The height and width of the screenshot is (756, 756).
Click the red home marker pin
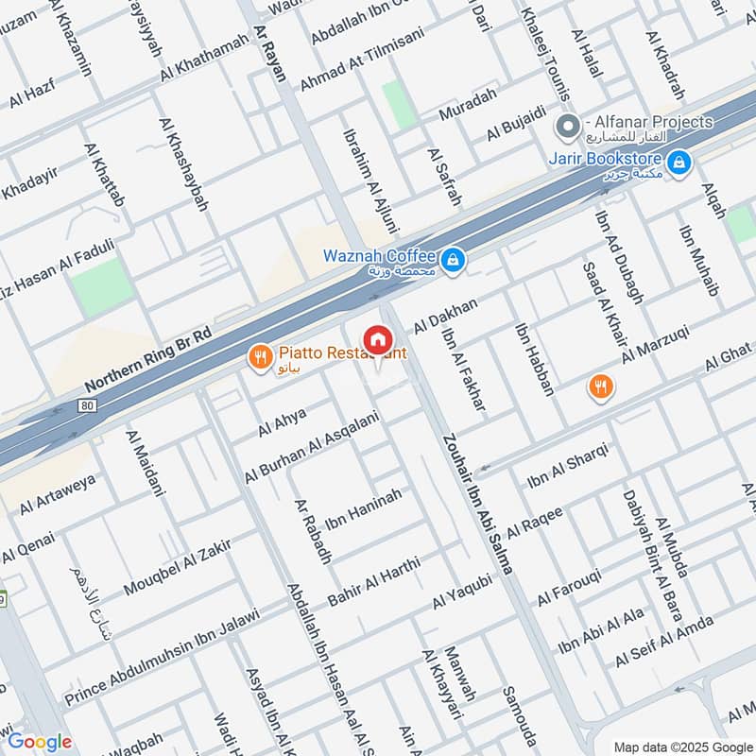click(377, 339)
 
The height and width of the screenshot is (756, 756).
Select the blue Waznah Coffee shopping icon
click(454, 258)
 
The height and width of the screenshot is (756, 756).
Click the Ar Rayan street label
click(270, 54)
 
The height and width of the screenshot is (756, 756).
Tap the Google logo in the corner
click(40, 742)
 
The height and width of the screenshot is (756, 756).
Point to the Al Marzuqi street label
click(656, 345)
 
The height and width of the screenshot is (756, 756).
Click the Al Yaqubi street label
click(463, 591)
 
